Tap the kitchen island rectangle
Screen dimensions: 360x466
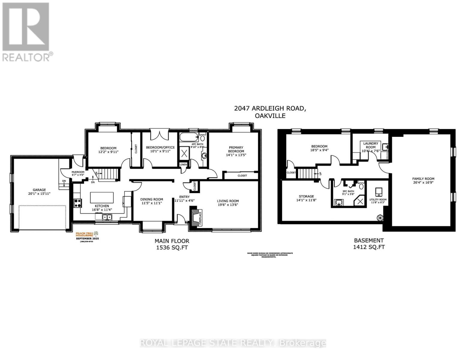point(102,198)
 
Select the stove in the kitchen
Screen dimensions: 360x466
point(78,203)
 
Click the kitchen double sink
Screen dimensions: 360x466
point(107,217)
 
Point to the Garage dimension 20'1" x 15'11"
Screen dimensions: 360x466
point(39,194)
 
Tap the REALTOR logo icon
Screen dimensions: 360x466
point(26,31)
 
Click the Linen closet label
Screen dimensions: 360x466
point(183,165)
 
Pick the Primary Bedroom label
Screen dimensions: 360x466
point(236,149)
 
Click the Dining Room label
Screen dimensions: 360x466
point(152,199)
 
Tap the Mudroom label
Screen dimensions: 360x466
point(78,172)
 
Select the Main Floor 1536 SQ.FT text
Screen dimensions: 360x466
point(172,244)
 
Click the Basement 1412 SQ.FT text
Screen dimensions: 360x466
point(369,244)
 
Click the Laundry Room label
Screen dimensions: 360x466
point(371,145)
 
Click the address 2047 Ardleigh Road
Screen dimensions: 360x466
point(270,109)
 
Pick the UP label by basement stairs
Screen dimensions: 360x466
point(320,173)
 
